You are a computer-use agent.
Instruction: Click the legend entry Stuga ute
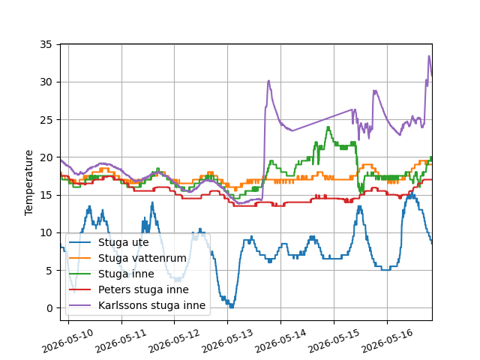click(123, 242)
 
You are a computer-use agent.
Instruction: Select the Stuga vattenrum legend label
click(142, 258)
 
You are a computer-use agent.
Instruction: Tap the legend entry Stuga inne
click(126, 274)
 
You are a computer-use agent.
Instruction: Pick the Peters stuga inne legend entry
click(143, 289)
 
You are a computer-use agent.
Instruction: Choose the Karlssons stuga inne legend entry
click(151, 305)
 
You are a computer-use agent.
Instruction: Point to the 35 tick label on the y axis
click(46, 45)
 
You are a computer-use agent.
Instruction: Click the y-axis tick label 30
click(46, 82)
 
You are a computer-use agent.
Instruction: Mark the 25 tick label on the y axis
click(46, 120)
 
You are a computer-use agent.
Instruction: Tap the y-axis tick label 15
click(46, 195)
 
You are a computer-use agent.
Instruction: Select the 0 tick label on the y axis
click(49, 308)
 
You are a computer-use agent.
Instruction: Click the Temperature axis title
click(28, 183)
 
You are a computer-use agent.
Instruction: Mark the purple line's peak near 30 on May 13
click(268, 80)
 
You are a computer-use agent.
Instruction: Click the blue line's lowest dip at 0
click(232, 307)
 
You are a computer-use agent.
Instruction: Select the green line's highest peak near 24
click(328, 127)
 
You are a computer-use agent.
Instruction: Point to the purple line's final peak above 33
click(429, 55)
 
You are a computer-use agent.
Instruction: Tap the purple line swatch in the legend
click(80, 305)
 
